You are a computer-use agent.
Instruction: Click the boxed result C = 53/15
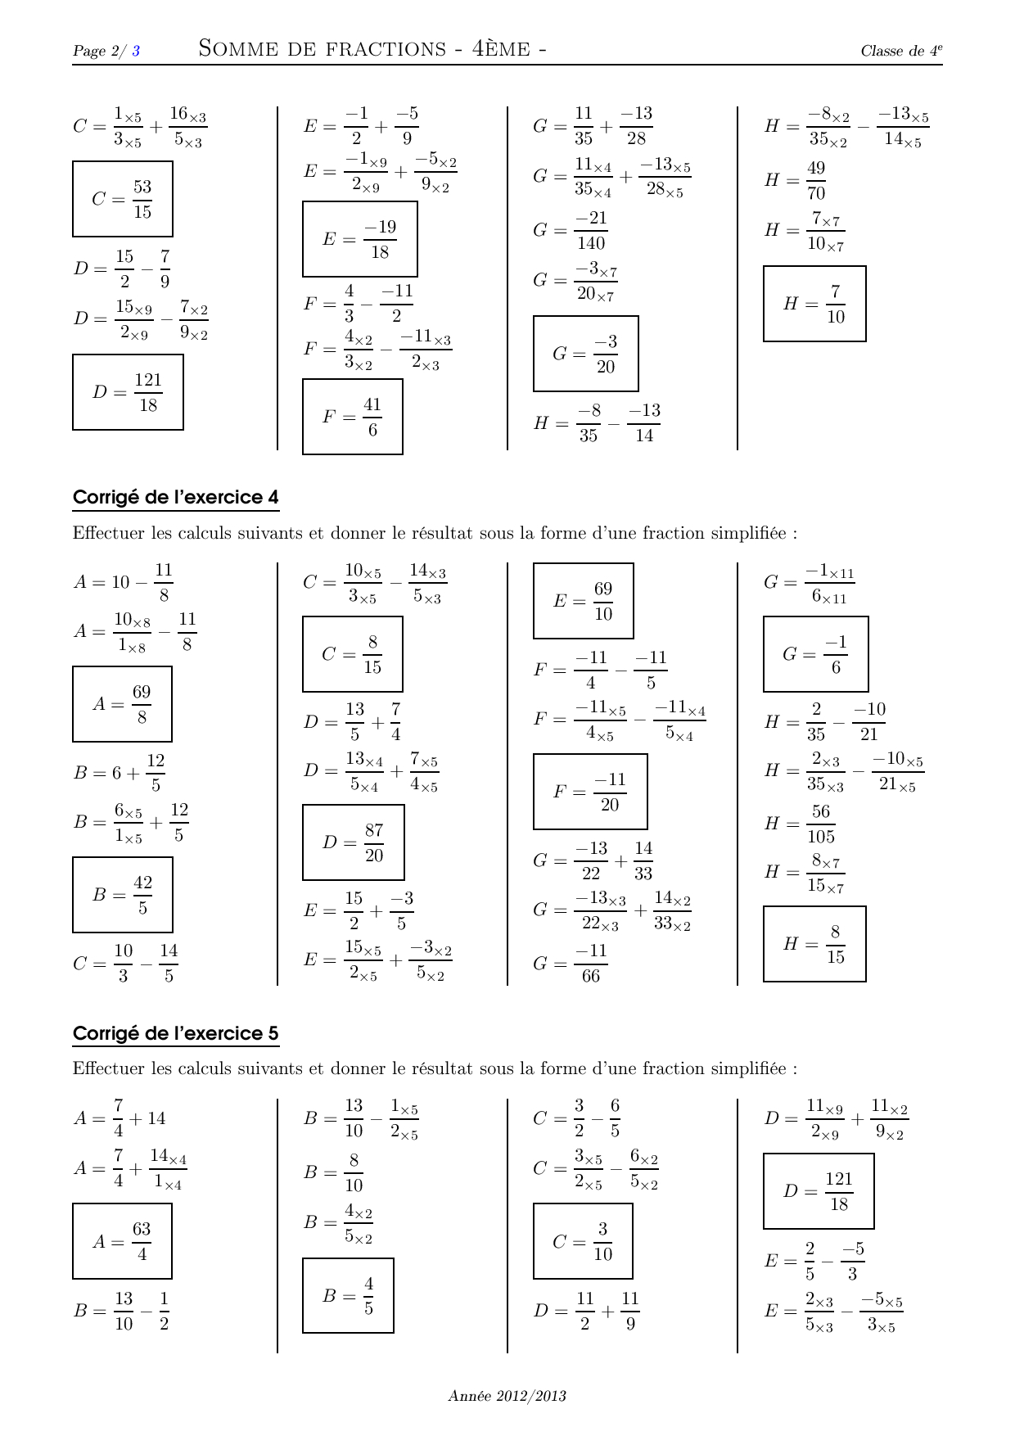pyautogui.click(x=123, y=199)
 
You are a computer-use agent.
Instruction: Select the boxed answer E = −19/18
pyautogui.click(x=360, y=239)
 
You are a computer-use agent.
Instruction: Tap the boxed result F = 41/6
pyautogui.click(x=353, y=417)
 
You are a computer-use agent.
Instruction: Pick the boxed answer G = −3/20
pyautogui.click(x=586, y=354)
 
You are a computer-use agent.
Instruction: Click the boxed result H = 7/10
pyautogui.click(x=814, y=304)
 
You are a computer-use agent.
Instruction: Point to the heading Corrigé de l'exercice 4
pyautogui.click(x=176, y=497)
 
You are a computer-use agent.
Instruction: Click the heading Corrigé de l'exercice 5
pyautogui.click(x=176, y=1033)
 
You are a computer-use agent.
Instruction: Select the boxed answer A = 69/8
pyautogui.click(x=123, y=704)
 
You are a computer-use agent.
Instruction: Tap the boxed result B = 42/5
pyautogui.click(x=123, y=895)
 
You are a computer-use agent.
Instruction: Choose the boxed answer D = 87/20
pyautogui.click(x=354, y=842)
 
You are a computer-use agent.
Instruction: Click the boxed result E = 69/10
pyautogui.click(x=584, y=601)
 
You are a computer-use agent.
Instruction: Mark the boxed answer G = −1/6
pyautogui.click(x=816, y=654)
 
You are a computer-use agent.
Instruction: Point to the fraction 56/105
pyautogui.click(x=821, y=824)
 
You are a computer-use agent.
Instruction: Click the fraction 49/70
pyautogui.click(x=816, y=181)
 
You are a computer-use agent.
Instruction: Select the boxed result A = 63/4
pyautogui.click(x=123, y=1241)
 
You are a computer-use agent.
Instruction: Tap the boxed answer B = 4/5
pyautogui.click(x=349, y=1295)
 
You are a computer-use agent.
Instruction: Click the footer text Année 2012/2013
pyautogui.click(x=508, y=1396)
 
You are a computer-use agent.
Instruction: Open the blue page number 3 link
pyautogui.click(x=136, y=51)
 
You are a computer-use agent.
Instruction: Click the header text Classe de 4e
pyautogui.click(x=901, y=51)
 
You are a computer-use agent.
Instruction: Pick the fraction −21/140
pyautogui.click(x=591, y=231)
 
